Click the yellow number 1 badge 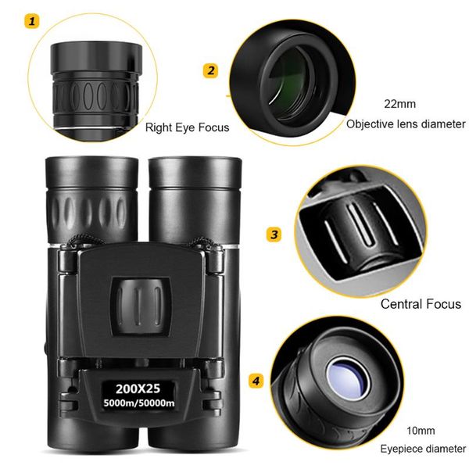pos(32,22)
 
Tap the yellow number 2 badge pos(210,71)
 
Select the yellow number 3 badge pos(274,234)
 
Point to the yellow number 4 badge pos(256,381)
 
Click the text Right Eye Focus pos(188,127)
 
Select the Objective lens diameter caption pos(406,124)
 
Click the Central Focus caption pos(420,304)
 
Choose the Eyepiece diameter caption pos(423,449)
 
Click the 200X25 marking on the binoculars pos(138,387)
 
